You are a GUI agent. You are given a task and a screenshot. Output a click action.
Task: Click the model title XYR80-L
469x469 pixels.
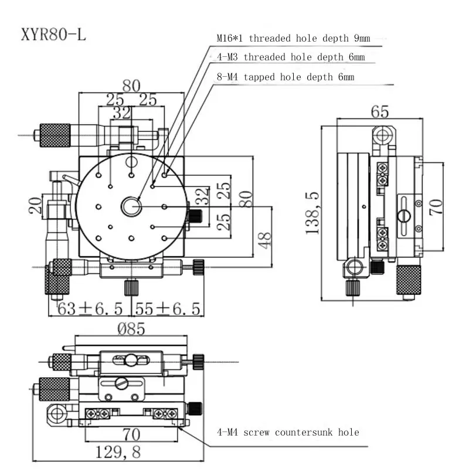click(x=53, y=35)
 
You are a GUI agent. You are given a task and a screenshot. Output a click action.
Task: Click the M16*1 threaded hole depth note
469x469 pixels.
click(x=294, y=38)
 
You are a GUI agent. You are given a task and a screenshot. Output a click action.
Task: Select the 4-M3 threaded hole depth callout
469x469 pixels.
click(x=291, y=57)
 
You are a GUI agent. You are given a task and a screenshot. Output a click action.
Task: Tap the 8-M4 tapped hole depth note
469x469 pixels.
click(x=286, y=77)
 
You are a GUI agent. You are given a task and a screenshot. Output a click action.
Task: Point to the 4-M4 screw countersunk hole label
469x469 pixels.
click(x=288, y=432)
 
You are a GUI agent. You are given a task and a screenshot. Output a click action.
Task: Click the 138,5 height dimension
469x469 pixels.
click(x=312, y=213)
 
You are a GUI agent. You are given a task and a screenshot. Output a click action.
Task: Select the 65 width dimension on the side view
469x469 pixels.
click(x=380, y=112)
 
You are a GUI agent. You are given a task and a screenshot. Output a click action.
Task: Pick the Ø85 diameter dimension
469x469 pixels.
click(x=131, y=329)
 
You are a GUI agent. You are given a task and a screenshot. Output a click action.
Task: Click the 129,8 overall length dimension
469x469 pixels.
click(x=118, y=452)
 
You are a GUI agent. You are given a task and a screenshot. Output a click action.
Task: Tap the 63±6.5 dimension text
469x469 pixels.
click(x=90, y=309)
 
